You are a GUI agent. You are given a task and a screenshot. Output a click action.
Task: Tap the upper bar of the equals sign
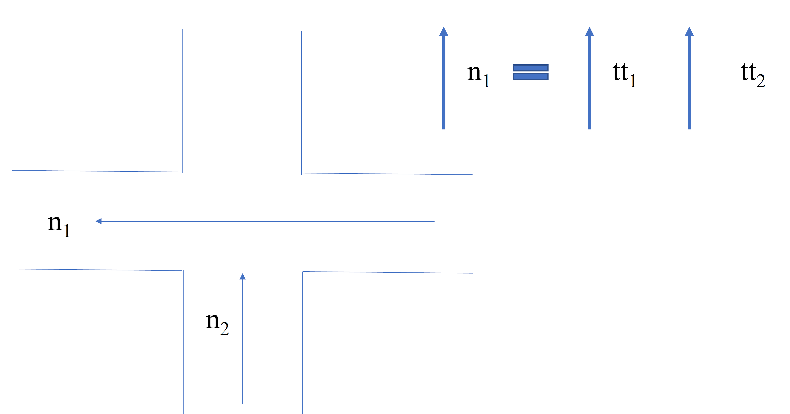530,68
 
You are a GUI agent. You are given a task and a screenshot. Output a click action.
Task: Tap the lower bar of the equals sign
530,76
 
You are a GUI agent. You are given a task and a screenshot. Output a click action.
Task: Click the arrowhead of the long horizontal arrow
98,221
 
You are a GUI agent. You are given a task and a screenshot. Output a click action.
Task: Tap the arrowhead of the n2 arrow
243,276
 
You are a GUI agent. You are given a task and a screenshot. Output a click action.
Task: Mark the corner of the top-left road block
182,172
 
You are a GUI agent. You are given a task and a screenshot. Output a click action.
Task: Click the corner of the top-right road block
301,174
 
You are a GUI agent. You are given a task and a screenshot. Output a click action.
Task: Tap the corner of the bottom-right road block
303,272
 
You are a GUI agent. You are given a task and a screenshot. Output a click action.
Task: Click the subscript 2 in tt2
761,81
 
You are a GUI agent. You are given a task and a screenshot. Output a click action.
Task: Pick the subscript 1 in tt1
633,81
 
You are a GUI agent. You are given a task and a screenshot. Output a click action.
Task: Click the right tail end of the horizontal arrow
434,221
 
